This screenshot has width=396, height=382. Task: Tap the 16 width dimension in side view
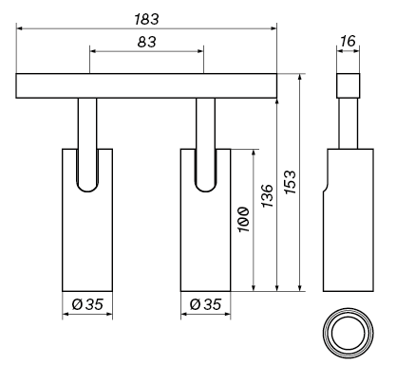(349, 43)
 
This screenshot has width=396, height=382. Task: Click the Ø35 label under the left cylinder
(87, 304)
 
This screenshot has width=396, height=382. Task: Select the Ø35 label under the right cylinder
(205, 304)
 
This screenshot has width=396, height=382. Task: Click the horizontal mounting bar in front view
(146, 86)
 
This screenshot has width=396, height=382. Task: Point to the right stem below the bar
(205, 123)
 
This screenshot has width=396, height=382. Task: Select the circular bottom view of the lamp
(348, 335)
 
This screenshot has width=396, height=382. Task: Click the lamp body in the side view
(349, 237)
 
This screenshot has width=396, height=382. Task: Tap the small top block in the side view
(349, 86)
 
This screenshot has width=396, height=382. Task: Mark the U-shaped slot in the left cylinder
(87, 171)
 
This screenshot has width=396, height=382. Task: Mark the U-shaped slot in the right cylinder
(205, 171)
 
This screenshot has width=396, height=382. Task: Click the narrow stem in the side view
(349, 123)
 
